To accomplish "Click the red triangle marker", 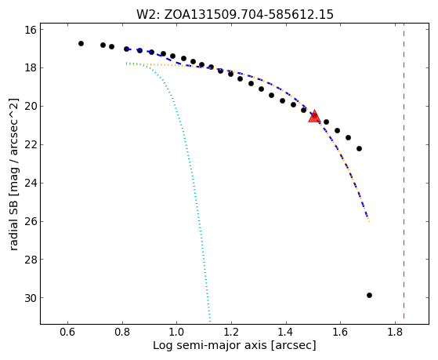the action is [x=314, y=116].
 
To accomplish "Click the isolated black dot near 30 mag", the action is [x=369, y=295].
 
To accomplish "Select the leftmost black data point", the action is [x=81, y=43].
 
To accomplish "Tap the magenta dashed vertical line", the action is [x=404, y=174].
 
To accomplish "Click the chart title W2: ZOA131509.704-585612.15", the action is [x=234, y=14].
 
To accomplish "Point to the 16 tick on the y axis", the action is [x=31, y=30].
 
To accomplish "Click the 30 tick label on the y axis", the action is [x=31, y=298].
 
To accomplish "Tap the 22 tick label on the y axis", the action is [x=31, y=145].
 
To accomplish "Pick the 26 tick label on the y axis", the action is [x=31, y=221].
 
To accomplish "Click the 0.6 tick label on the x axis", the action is [x=67, y=333].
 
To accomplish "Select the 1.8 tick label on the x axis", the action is [x=395, y=333].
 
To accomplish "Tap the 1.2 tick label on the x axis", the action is [x=231, y=333].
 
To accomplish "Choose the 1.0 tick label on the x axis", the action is [x=176, y=333].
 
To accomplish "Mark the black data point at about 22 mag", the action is [x=359, y=148].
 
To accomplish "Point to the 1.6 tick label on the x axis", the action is [x=340, y=333].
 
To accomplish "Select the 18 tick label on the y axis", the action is [x=31, y=68].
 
